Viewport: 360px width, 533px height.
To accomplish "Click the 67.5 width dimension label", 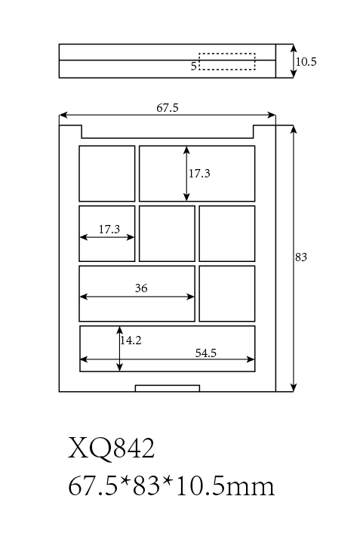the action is click(x=168, y=108).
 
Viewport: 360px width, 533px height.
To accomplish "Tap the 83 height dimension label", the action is click(x=301, y=257).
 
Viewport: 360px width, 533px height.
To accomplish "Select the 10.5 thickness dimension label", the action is click(x=306, y=62).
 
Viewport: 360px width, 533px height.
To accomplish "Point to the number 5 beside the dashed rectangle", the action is click(x=193, y=66).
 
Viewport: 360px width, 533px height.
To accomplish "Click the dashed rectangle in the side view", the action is click(x=227, y=54).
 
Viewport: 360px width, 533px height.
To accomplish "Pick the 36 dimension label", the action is click(x=141, y=288).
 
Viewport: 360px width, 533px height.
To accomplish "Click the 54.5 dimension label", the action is click(x=206, y=353).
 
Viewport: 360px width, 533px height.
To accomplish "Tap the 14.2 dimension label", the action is click(x=131, y=340).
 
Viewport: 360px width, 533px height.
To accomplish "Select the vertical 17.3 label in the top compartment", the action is click(x=199, y=174).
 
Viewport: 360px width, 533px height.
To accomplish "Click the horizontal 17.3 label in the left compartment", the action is click(x=109, y=230).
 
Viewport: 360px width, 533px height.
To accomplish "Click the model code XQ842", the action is click(x=111, y=448).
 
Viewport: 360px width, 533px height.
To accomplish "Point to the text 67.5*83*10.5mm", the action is click(x=171, y=486).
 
